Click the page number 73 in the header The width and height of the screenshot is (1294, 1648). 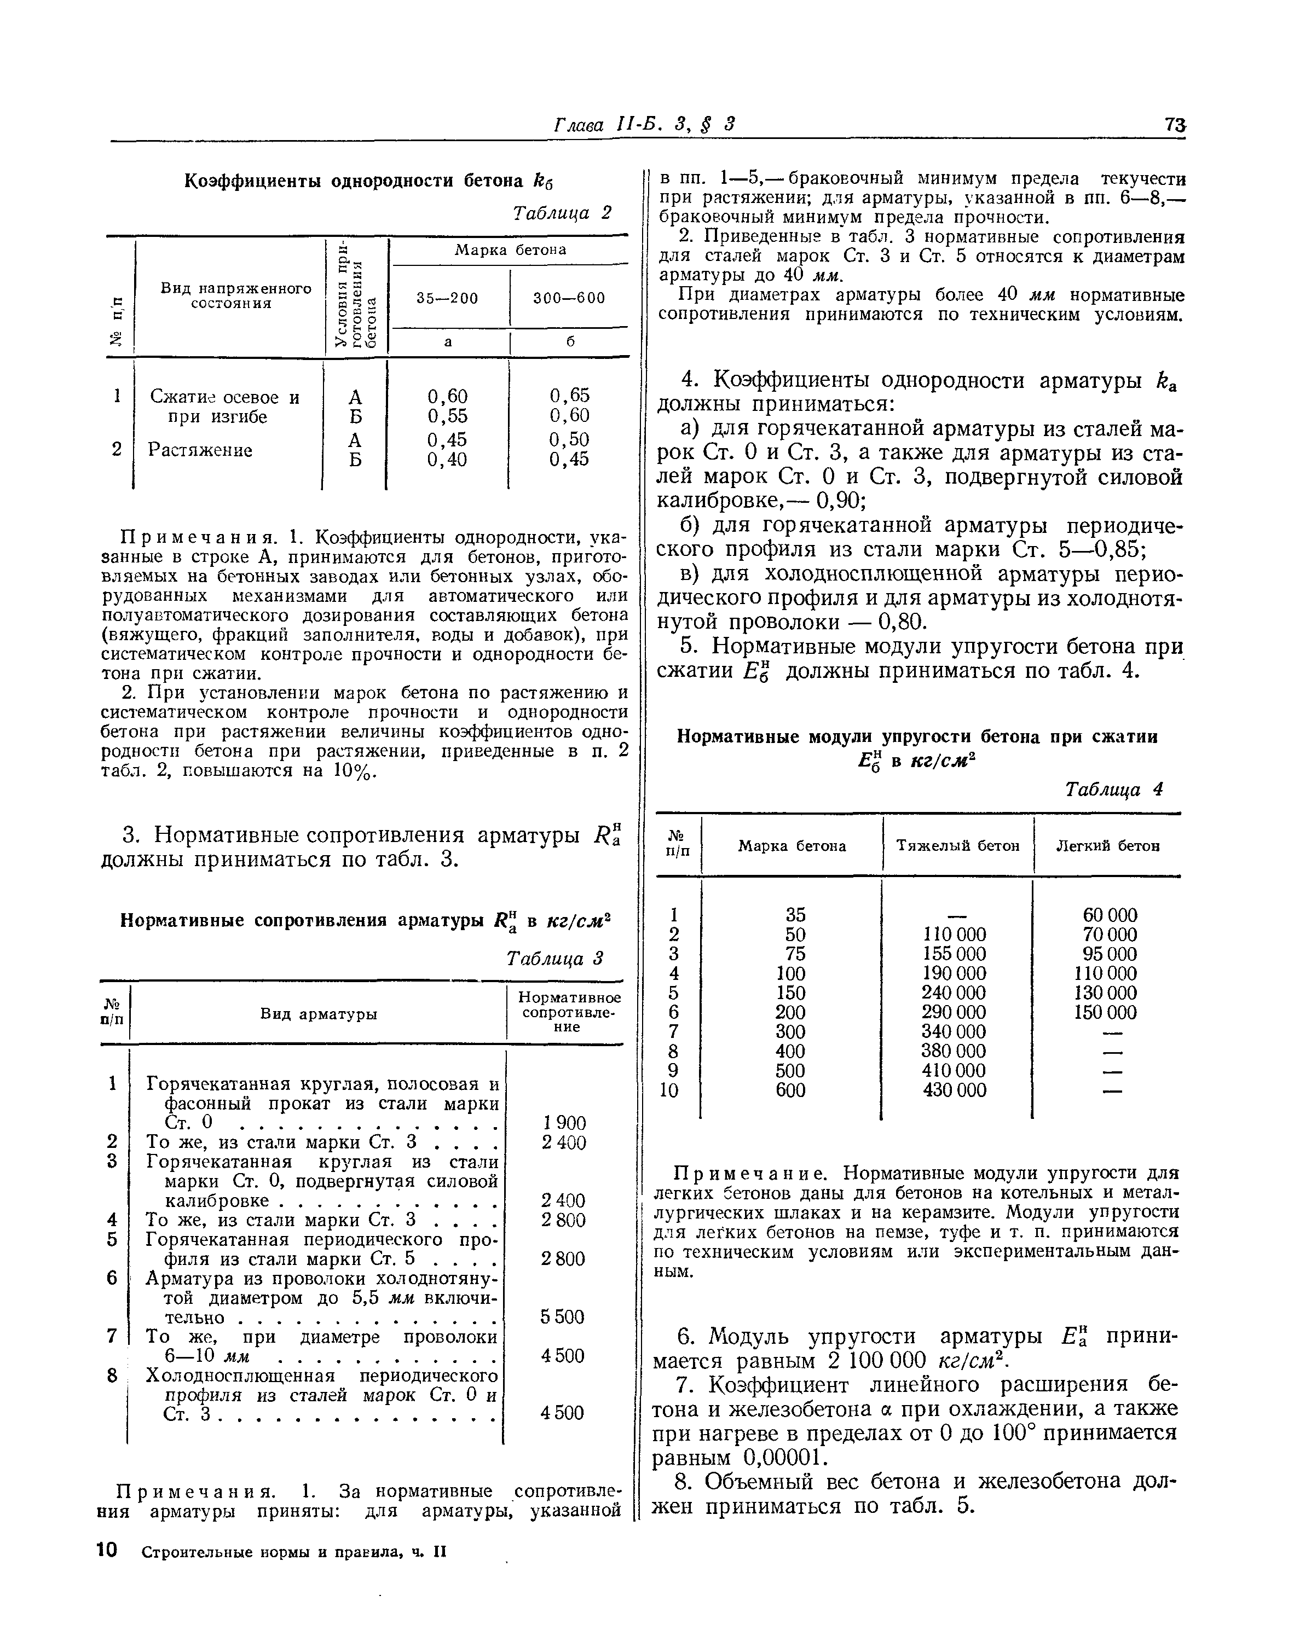1175,124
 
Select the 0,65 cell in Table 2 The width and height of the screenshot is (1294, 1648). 570,396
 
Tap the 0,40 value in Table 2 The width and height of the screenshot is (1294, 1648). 447,460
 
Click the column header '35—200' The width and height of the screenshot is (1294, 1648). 447,298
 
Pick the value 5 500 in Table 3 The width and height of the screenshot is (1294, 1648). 562,1317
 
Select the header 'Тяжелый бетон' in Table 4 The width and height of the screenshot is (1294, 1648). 957,846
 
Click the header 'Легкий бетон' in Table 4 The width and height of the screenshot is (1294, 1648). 1108,846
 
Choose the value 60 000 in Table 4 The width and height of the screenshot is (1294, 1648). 1109,915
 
